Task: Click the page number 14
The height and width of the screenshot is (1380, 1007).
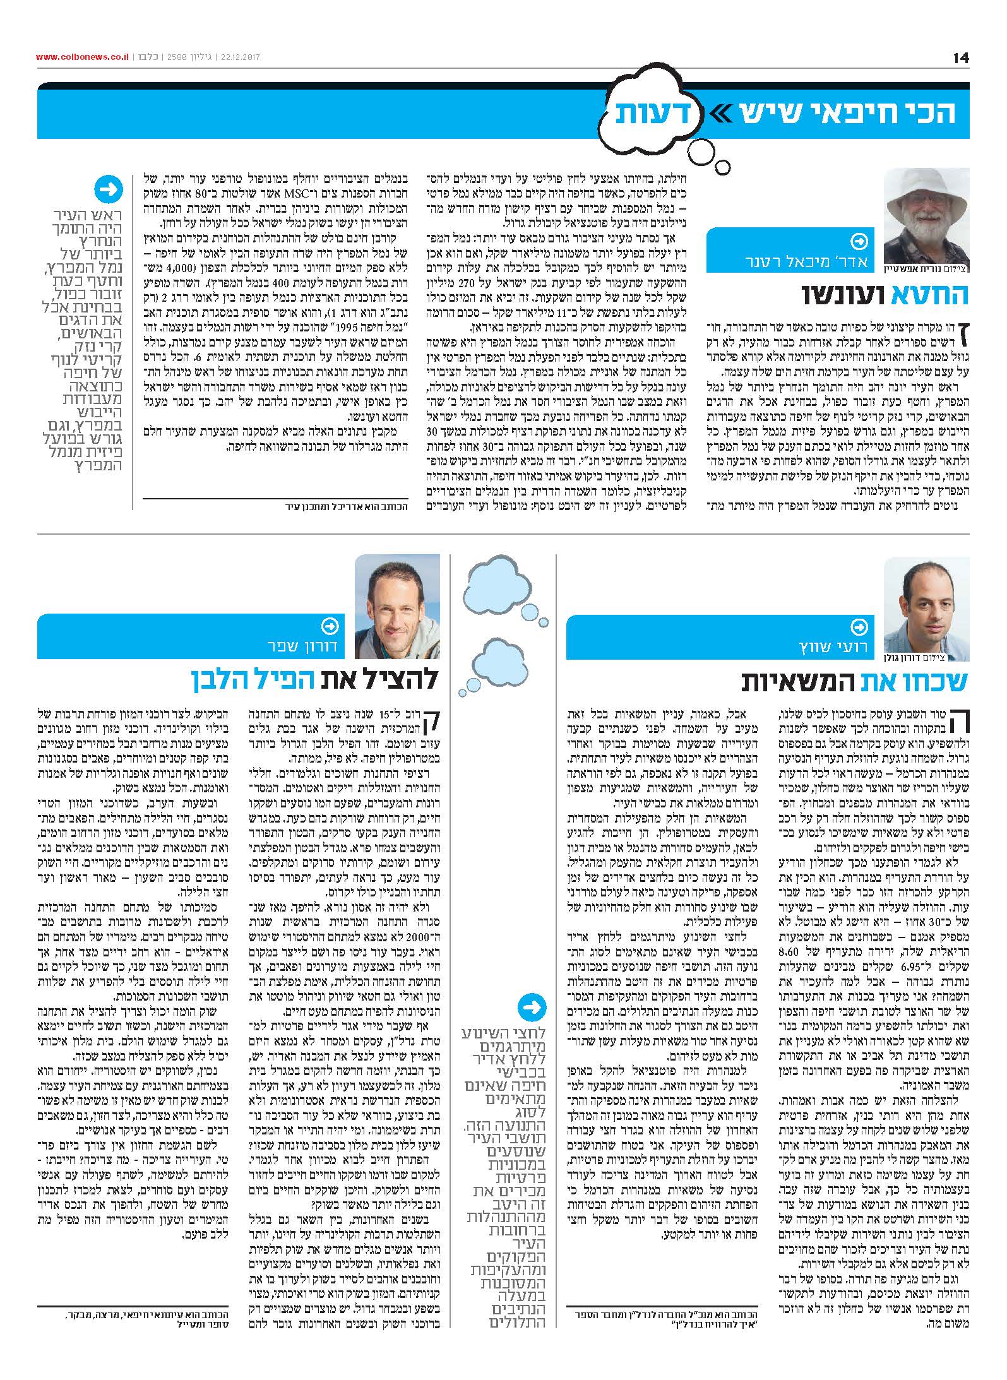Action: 961,57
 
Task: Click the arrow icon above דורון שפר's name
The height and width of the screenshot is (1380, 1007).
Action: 330,626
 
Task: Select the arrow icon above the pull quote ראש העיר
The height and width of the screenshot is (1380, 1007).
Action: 109,189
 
